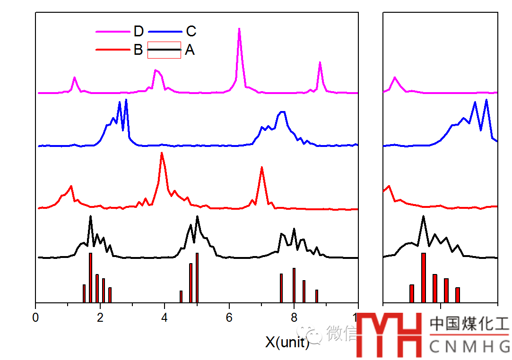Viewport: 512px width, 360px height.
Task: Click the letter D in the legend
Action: click(139, 32)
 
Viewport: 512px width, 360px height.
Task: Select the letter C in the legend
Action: click(191, 32)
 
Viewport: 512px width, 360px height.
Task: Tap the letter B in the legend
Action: click(138, 50)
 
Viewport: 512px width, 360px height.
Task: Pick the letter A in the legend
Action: click(190, 50)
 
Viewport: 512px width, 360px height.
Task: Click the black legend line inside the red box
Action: click(164, 50)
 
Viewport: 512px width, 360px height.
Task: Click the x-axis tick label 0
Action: click(36, 317)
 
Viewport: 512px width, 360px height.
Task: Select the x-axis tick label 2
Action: click(100, 317)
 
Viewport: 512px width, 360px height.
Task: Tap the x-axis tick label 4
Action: click(165, 317)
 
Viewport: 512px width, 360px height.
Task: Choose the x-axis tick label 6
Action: click(229, 317)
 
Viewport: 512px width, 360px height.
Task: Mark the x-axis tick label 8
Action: click(294, 317)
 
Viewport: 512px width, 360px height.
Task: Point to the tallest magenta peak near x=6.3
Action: click(239, 29)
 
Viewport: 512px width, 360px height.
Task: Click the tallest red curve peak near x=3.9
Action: click(162, 153)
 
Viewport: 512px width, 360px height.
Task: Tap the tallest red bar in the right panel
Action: click(424, 277)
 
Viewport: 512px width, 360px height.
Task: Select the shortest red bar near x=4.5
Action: click(181, 296)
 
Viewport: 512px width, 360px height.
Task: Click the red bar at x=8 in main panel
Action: click(294, 285)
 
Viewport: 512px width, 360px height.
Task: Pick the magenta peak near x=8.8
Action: click(320, 63)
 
